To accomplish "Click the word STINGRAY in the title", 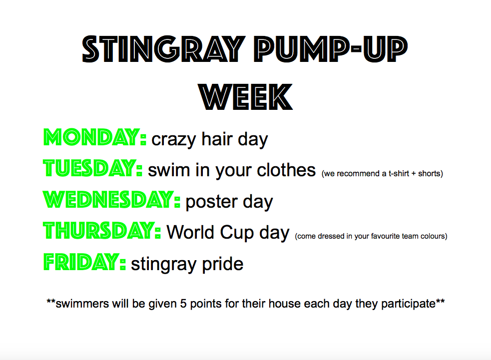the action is point(163,49).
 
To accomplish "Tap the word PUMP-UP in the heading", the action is point(330,49).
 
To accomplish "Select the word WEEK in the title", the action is point(246,97).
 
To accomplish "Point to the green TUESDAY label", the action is point(93,168).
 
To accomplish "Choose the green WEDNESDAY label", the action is point(111,199).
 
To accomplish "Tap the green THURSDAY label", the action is point(102,231).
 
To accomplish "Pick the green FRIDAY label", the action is point(84,262).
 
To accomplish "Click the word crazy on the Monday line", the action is point(174,140).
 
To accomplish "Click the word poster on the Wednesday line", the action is point(211,202).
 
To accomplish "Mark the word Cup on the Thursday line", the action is point(237,233).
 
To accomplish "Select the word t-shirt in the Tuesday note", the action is point(399,173).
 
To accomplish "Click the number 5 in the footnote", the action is point(183,304).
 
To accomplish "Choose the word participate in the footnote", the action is point(408,304).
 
